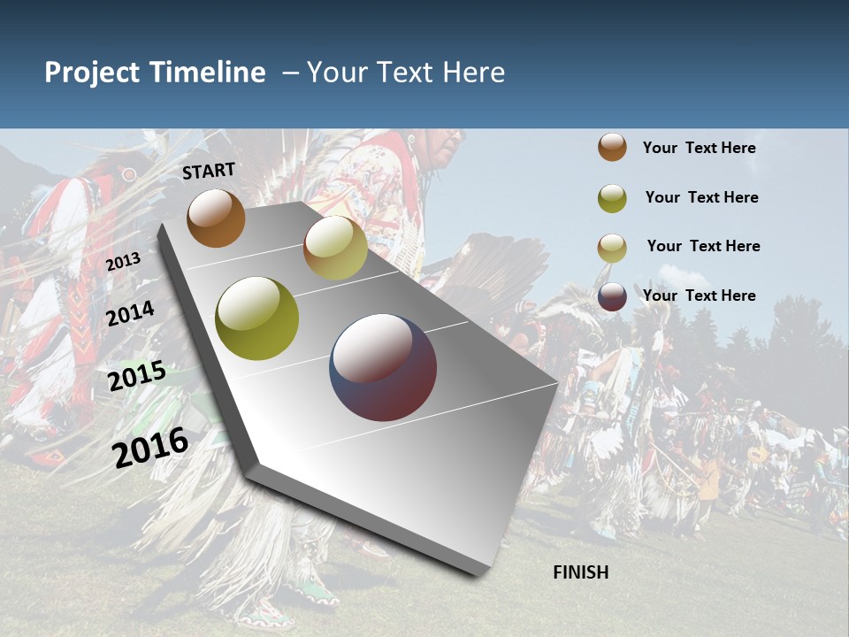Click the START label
tap(209, 171)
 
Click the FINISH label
tap(581, 572)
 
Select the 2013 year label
tap(123, 262)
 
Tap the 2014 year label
tap(131, 314)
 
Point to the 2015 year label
tap(137, 376)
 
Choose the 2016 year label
tap(150, 447)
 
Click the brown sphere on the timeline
tap(216, 218)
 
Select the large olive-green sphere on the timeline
tap(257, 318)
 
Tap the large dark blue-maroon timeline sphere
tap(383, 367)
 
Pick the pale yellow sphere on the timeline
tap(335, 248)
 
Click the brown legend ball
tap(612, 148)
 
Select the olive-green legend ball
tap(612, 198)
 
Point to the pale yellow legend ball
tap(612, 248)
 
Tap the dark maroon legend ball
tap(612, 296)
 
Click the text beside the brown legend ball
tap(699, 149)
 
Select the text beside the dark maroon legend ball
tap(699, 295)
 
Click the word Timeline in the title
tap(208, 73)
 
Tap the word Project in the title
tap(92, 73)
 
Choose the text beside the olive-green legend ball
tap(701, 197)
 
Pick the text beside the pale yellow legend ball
tap(703, 246)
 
